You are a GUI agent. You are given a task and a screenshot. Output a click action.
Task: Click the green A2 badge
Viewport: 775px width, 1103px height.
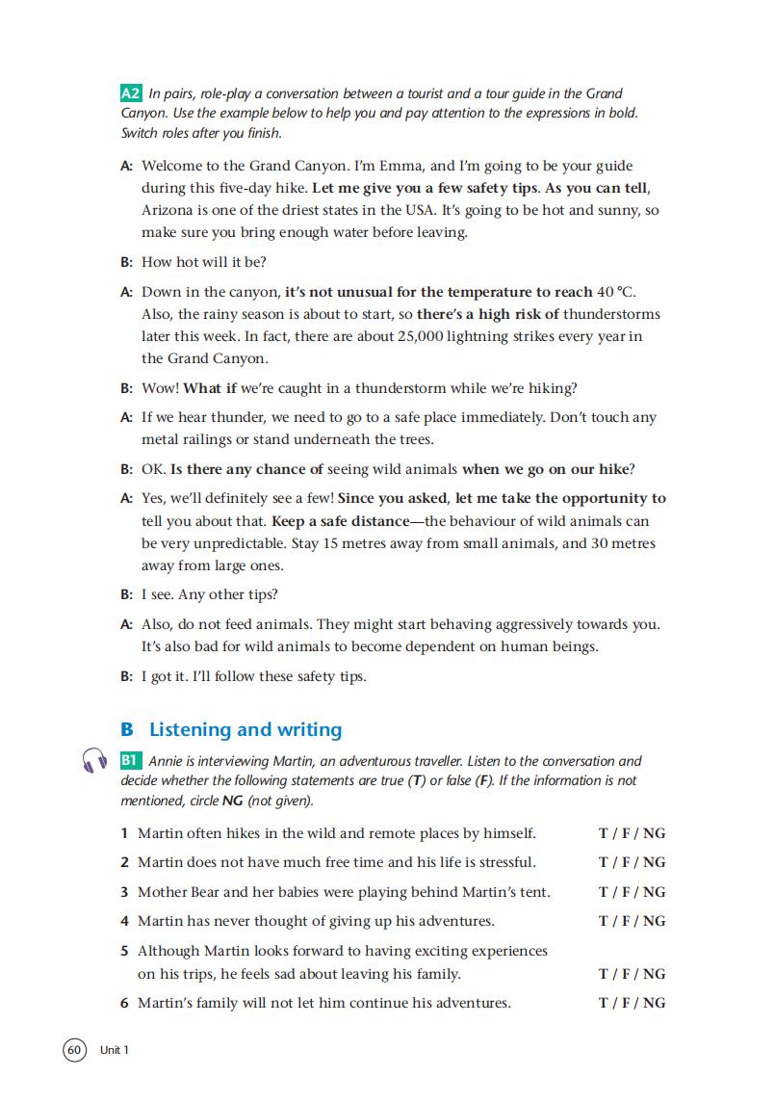[x=132, y=93]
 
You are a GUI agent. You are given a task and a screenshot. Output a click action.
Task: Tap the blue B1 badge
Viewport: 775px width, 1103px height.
[x=131, y=761]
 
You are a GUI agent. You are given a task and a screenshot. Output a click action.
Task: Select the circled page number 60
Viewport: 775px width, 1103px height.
[x=74, y=1049]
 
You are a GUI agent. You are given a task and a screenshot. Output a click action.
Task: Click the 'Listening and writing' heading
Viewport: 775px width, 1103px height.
[x=245, y=730]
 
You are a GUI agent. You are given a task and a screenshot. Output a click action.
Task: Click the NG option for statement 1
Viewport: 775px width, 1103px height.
[x=654, y=833]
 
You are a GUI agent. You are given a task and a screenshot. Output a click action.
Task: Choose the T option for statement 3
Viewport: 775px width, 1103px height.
[x=603, y=892]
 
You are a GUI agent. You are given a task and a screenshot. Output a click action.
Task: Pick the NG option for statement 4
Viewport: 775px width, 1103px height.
[x=654, y=921]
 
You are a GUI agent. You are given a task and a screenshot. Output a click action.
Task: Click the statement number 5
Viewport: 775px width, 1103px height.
[x=125, y=951]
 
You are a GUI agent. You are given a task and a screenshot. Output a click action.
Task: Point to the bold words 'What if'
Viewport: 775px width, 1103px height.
[x=209, y=388]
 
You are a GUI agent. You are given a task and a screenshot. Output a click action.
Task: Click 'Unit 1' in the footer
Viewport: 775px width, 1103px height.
[x=114, y=1050]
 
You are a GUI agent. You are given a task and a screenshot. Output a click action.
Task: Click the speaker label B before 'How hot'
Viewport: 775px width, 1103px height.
[x=126, y=262]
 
